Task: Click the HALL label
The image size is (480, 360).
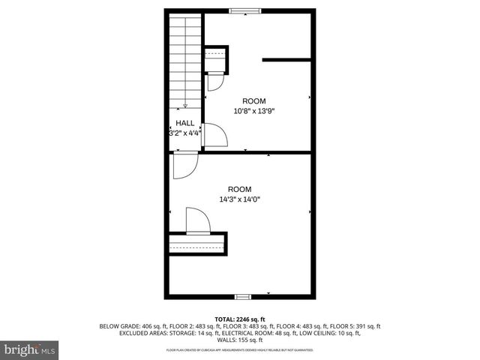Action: pyautogui.click(x=185, y=123)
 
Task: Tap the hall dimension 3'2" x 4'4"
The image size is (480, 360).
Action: pyautogui.click(x=185, y=133)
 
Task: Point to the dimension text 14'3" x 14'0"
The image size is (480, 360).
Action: pyautogui.click(x=240, y=199)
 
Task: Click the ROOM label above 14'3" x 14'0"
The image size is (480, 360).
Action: pyautogui.click(x=240, y=189)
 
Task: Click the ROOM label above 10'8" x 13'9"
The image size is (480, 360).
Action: pyautogui.click(x=253, y=100)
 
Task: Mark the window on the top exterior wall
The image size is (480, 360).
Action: pyautogui.click(x=245, y=10)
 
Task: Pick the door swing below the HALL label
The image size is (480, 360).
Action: pyautogui.click(x=184, y=165)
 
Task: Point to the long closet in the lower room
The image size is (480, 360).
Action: pyautogui.click(x=197, y=244)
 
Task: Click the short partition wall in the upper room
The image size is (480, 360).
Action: pyautogui.click(x=286, y=59)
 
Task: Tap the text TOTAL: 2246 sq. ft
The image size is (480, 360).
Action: pyautogui.click(x=240, y=319)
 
